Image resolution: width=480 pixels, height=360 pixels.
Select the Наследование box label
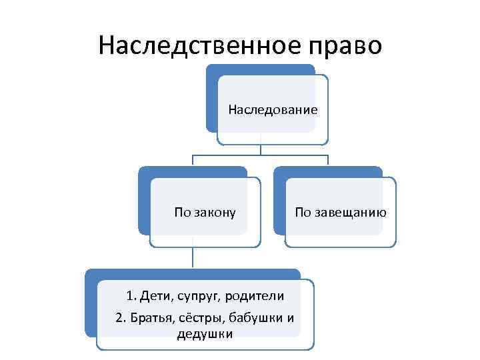(x=272, y=109)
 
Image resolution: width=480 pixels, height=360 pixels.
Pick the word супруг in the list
(x=198, y=295)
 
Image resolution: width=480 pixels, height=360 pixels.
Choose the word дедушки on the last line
(x=205, y=334)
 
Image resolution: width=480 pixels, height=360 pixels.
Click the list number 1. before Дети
(x=131, y=295)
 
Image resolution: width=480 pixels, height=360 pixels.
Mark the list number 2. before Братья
(x=121, y=317)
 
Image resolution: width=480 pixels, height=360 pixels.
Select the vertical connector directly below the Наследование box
(x=261, y=149)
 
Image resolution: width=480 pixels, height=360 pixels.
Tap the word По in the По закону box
(x=182, y=213)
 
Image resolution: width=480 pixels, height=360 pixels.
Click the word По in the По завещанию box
(x=303, y=213)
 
